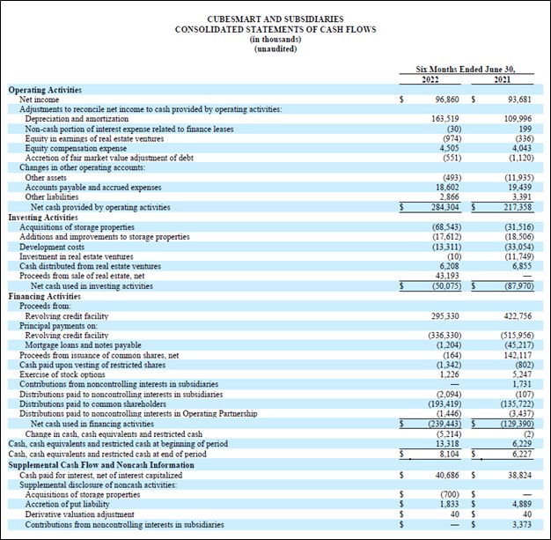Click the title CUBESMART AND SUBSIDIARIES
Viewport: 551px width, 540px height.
(275, 18)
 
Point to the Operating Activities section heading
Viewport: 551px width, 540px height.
(45, 90)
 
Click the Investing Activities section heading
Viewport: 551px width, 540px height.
(43, 217)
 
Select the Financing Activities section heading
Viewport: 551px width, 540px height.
(45, 296)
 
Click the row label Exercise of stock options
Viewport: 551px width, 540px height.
(63, 378)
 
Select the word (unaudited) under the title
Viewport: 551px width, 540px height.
(275, 49)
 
